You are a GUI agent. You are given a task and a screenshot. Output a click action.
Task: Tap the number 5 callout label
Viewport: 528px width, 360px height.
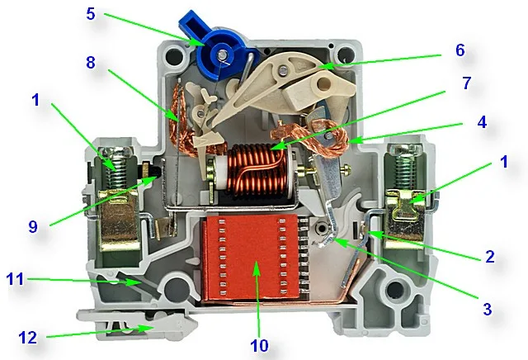tap(91, 14)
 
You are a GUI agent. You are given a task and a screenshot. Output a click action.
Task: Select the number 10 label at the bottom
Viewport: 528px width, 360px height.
tap(259, 345)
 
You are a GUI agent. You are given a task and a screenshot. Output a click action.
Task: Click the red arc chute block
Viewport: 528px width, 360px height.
tap(252, 258)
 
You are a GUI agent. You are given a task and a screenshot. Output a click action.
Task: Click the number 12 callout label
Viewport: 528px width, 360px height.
tap(27, 338)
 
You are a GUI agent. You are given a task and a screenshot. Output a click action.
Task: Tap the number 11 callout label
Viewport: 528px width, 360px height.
tap(15, 279)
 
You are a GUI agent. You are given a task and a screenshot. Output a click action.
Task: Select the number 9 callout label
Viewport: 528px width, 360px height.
tap(33, 227)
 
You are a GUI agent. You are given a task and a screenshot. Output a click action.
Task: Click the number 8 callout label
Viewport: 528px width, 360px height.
tap(91, 63)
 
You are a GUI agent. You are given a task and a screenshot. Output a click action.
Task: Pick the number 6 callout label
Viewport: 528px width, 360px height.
tap(460, 50)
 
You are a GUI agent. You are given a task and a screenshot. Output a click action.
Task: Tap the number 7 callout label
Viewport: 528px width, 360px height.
tap(466, 83)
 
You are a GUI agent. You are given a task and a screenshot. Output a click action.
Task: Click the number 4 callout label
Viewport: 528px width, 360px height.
tap(482, 122)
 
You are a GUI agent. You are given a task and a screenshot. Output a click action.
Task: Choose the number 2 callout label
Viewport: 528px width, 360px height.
tap(489, 257)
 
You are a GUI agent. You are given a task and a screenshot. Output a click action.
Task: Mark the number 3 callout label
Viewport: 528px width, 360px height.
tap(488, 309)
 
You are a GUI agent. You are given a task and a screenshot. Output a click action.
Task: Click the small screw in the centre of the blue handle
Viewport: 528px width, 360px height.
tap(222, 54)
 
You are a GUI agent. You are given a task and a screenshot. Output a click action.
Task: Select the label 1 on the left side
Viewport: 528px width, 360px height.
tap(35, 100)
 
